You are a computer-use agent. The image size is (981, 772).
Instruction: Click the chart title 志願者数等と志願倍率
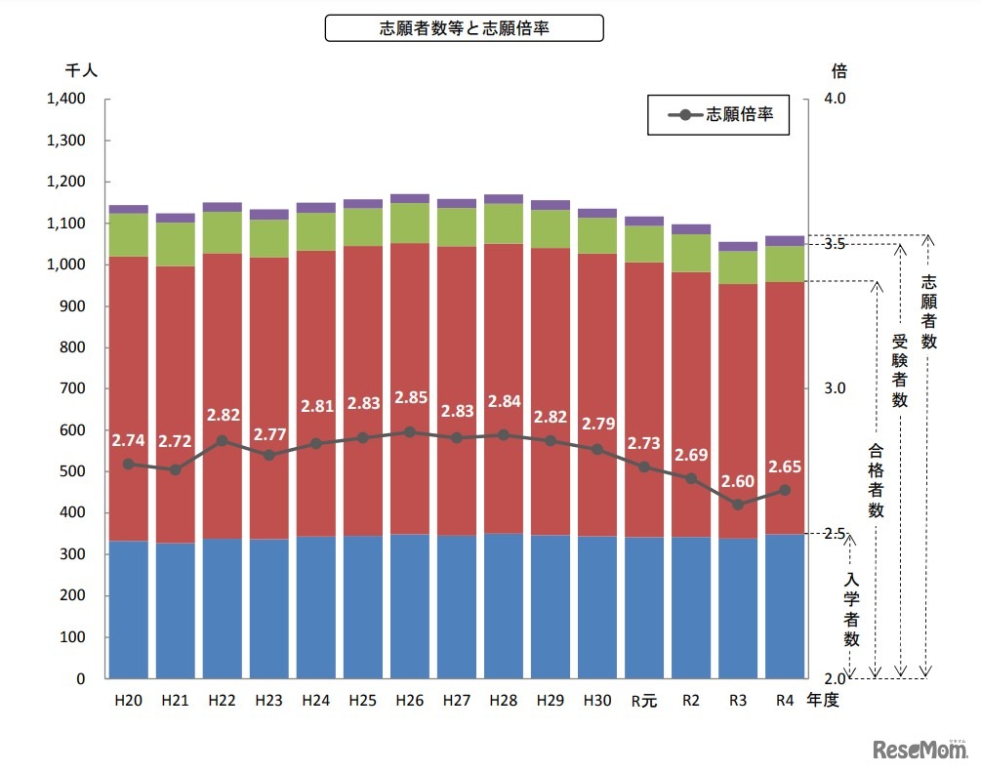[464, 28]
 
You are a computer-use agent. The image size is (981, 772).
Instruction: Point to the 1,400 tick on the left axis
[66, 100]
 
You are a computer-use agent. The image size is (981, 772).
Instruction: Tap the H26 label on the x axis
[409, 700]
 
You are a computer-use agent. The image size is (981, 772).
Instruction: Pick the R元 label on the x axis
[643, 700]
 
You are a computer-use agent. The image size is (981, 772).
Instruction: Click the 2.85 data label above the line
[409, 398]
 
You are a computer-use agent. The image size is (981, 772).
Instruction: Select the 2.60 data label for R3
[738, 481]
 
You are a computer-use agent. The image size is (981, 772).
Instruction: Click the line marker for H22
[223, 440]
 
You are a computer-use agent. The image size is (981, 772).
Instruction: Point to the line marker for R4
[785, 490]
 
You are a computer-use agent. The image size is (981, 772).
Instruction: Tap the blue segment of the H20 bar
[129, 610]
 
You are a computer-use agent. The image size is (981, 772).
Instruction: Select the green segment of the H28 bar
[504, 223]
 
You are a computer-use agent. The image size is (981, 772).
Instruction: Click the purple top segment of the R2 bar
[691, 229]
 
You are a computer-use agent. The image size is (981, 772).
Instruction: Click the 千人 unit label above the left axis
[81, 70]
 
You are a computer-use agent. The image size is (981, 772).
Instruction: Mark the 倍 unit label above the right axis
[838, 70]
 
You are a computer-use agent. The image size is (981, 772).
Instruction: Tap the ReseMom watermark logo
[920, 751]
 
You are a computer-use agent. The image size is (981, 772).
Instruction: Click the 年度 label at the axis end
[822, 700]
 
